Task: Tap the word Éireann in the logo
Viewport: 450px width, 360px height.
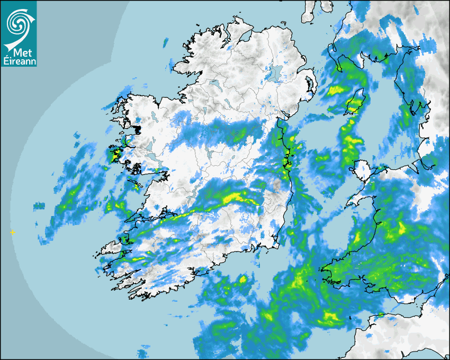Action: (x=19, y=62)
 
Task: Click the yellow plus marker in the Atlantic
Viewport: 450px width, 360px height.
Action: (x=12, y=232)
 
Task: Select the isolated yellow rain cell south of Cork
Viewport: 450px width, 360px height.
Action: (x=242, y=279)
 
